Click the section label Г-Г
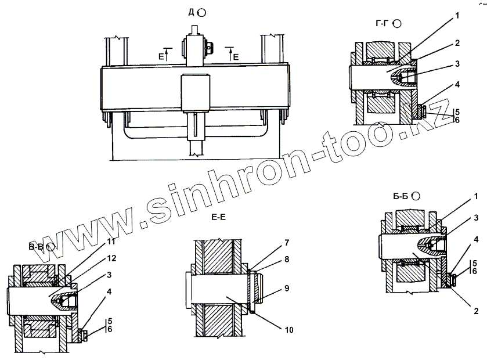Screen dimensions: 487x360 click(x=381, y=24)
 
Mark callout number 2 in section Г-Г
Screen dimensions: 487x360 click(x=457, y=43)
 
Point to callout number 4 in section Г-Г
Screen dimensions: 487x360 click(x=457, y=84)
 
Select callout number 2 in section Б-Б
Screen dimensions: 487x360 click(x=475, y=312)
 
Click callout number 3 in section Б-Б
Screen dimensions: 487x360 click(x=475, y=217)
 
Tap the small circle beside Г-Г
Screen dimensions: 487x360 click(x=398, y=24)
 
